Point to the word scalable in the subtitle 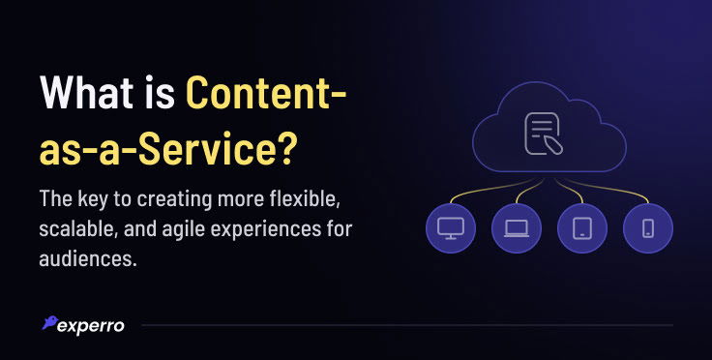click(77, 231)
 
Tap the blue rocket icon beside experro click(48, 323)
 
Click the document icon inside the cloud click(546, 135)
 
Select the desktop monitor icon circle click(450, 228)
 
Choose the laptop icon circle click(516, 228)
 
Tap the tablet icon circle click(582, 228)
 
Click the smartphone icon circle click(648, 228)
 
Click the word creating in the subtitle click(185, 200)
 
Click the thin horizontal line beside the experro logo click(406, 325)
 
